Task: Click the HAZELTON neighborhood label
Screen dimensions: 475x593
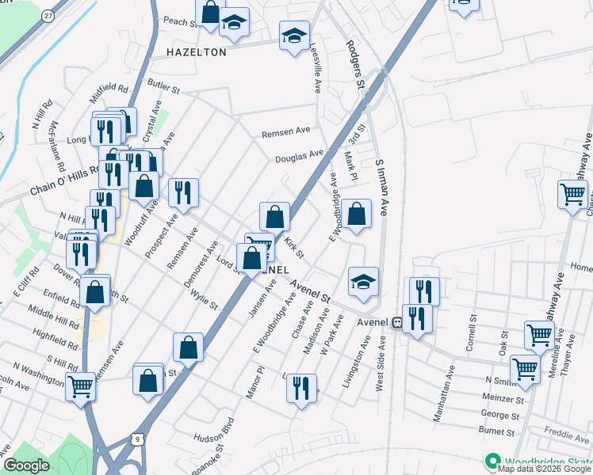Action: [x=197, y=52]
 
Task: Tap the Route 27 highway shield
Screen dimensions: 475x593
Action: [x=49, y=16]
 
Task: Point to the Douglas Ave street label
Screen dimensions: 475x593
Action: [x=300, y=156]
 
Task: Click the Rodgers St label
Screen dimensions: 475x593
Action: [x=354, y=63]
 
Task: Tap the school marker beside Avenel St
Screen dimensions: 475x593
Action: [x=363, y=283]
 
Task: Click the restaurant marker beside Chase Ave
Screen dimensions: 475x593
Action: [x=300, y=389]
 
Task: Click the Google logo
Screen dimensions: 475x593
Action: [x=26, y=465]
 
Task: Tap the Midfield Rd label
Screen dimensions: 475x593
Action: [x=109, y=93]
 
